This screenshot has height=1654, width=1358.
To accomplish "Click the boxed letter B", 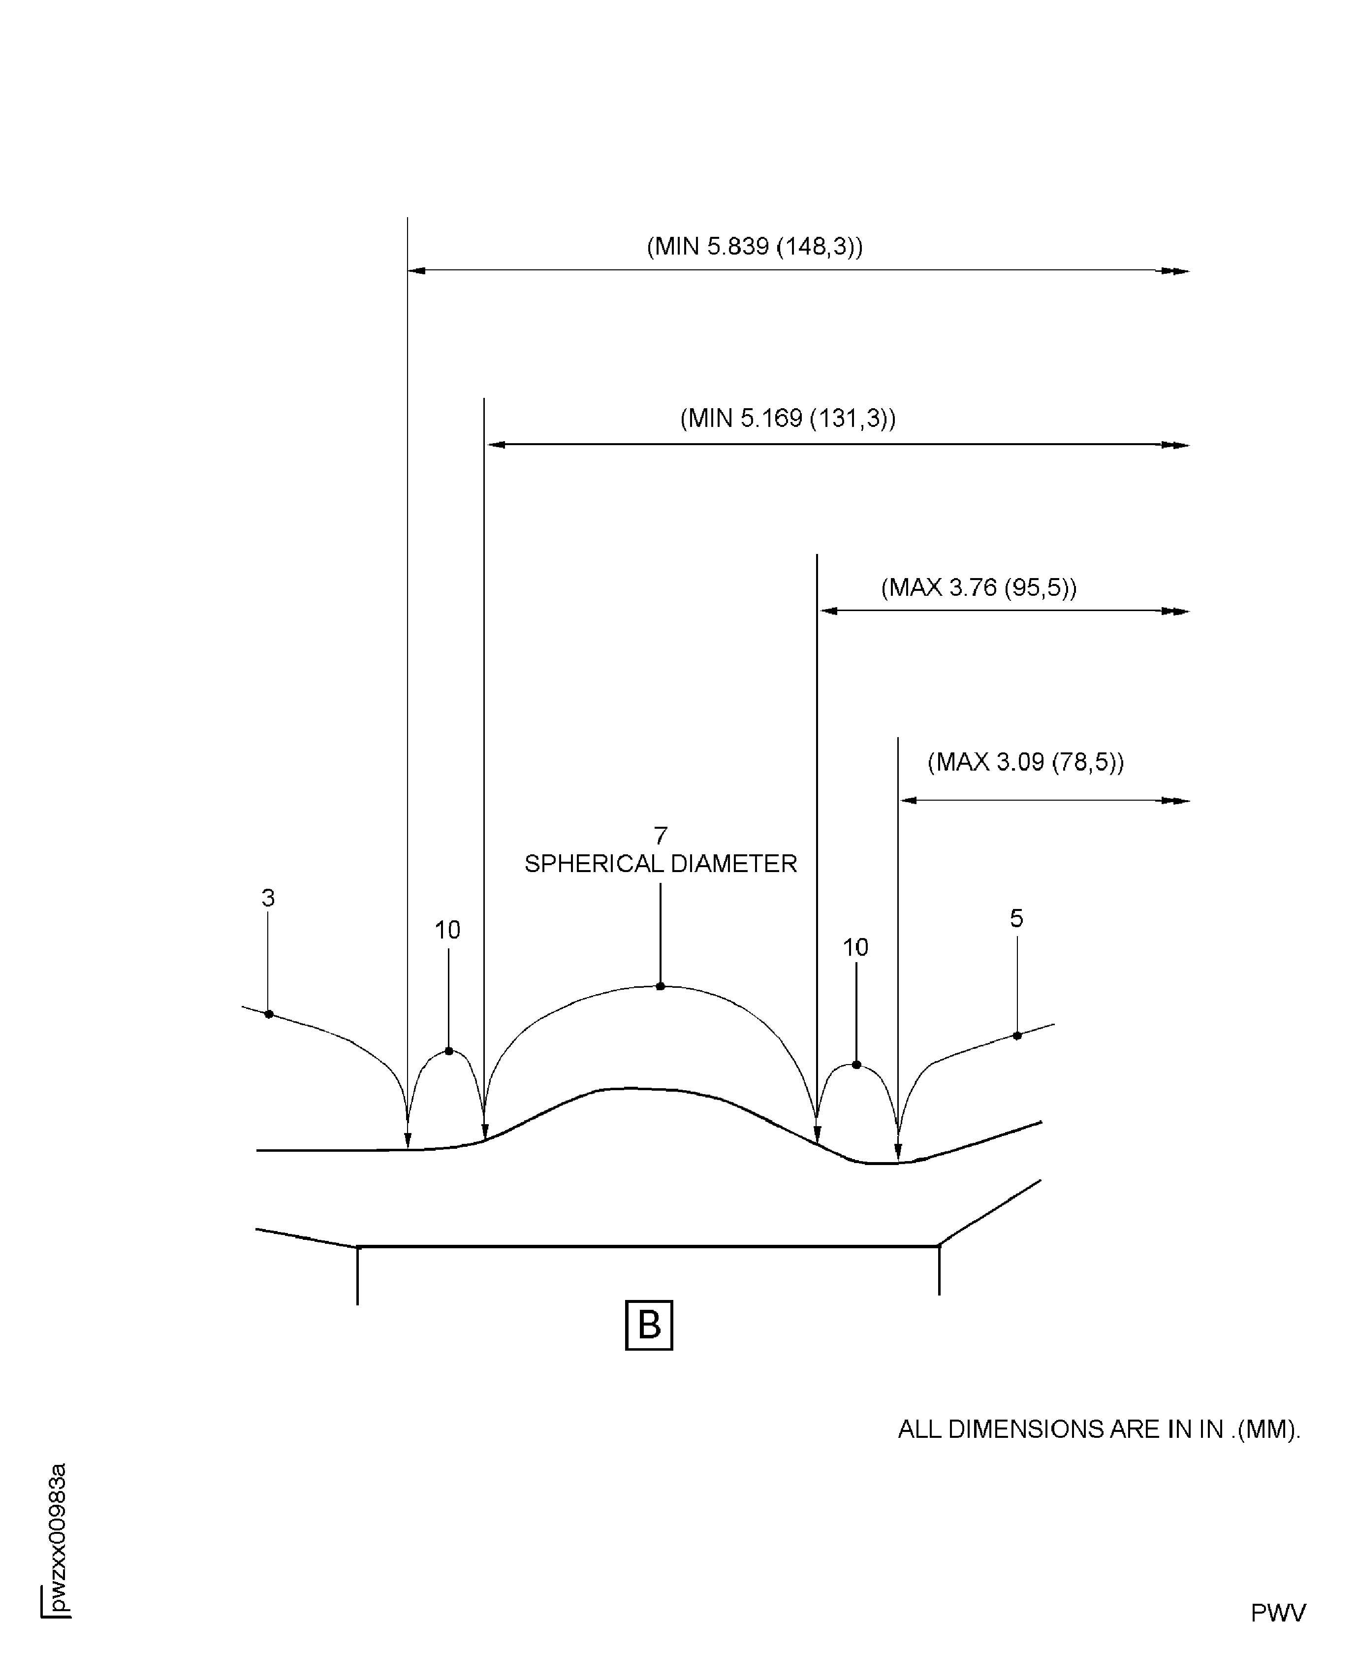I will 649,1325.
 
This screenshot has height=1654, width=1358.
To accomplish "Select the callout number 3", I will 268,898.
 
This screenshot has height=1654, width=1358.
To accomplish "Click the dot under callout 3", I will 268,1014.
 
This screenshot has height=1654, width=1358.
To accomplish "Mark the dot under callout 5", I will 1017,1035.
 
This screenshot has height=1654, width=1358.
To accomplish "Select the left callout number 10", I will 447,930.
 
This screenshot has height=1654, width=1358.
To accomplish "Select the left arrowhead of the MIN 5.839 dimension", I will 417,271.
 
